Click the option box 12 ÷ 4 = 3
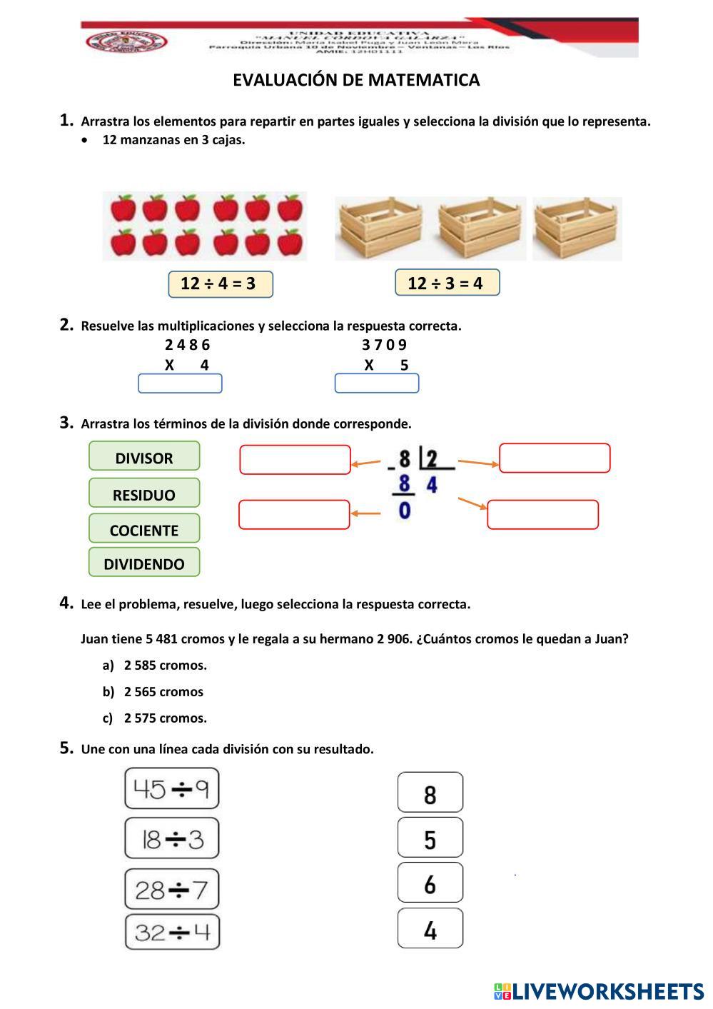(221, 283)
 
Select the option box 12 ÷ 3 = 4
(447, 283)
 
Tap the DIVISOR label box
(144, 458)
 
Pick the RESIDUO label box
(144, 494)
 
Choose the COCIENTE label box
(144, 530)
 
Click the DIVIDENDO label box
(144, 563)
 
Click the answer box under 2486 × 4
(180, 384)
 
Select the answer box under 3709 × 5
(376, 384)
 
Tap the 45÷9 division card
(172, 789)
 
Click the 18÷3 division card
(172, 838)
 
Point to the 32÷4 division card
(172, 933)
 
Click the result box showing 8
(430, 793)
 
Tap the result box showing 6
(430, 883)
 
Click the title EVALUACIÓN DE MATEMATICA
(356, 80)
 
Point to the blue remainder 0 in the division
(405, 511)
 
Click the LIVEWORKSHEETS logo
(598, 991)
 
